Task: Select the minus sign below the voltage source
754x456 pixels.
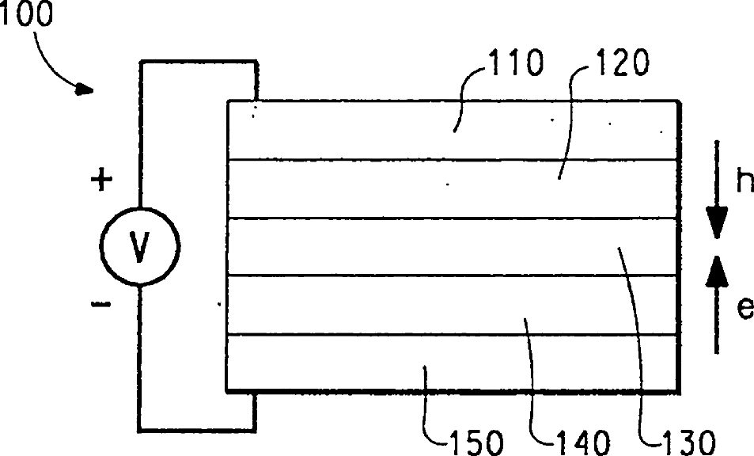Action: tap(101, 304)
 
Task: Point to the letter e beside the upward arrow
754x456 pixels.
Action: tap(743, 308)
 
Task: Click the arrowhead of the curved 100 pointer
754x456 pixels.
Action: tap(84, 90)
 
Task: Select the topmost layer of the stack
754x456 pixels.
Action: tap(356, 130)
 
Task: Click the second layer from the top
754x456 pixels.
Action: tap(356, 188)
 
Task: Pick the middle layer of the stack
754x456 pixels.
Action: tap(356, 246)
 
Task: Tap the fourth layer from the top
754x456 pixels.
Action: tap(356, 305)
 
